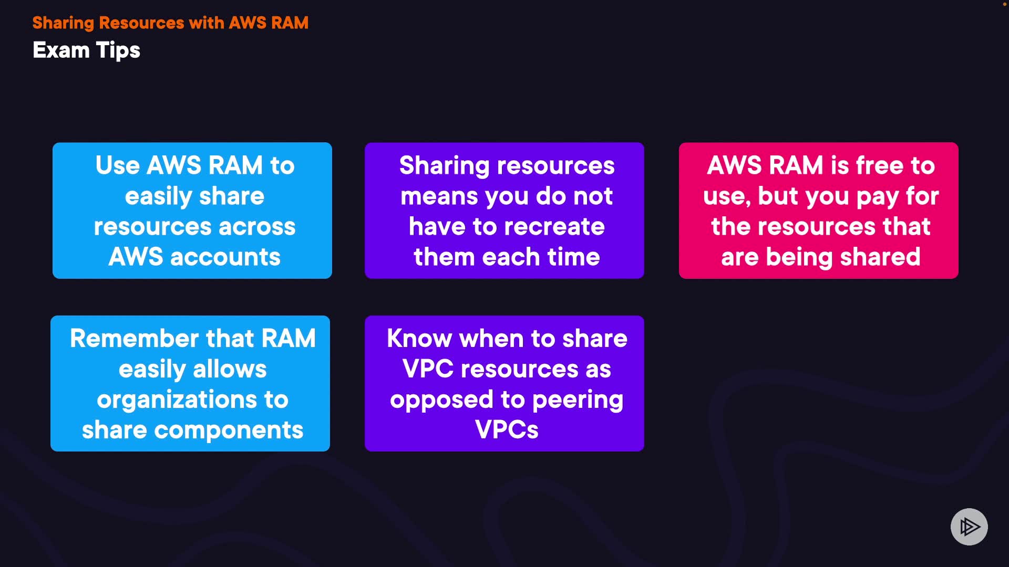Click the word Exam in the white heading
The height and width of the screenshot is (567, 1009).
(x=61, y=50)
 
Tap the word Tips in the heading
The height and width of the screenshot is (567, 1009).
(x=118, y=51)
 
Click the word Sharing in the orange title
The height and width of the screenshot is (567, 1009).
(x=63, y=23)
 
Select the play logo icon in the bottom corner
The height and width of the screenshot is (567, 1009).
(x=969, y=527)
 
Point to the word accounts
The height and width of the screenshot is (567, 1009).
(x=225, y=257)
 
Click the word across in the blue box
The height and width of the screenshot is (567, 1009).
(x=257, y=227)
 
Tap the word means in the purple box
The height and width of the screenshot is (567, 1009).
(x=439, y=197)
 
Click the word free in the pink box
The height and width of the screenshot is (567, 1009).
(x=880, y=165)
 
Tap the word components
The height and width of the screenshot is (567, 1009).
(x=229, y=431)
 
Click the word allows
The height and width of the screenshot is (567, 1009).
(x=230, y=369)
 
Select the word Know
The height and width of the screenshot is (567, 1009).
(x=419, y=339)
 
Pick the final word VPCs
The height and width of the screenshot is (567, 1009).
(x=507, y=430)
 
